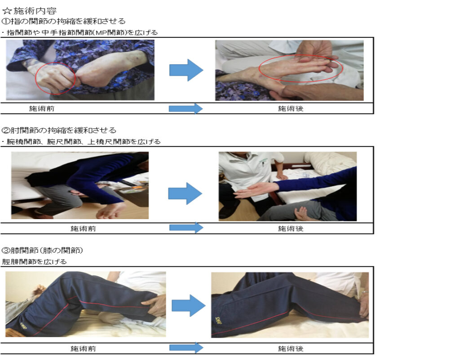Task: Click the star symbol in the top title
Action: point(7,11)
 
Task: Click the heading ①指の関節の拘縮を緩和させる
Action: point(63,21)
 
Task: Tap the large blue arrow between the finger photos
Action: point(186,70)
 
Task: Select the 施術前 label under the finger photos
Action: point(42,109)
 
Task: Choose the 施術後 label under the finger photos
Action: point(291,109)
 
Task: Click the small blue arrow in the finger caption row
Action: point(186,109)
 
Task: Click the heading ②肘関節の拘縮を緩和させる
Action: point(59,130)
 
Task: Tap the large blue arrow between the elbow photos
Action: point(185,194)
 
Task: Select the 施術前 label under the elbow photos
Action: point(83,229)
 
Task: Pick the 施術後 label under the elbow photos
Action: point(291,229)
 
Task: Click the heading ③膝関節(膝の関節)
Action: point(42,251)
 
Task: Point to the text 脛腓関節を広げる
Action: point(34,262)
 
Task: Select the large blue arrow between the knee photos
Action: point(188,306)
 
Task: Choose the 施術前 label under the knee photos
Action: point(83,348)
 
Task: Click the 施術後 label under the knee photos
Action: point(291,348)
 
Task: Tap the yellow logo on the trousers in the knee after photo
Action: point(218,320)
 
